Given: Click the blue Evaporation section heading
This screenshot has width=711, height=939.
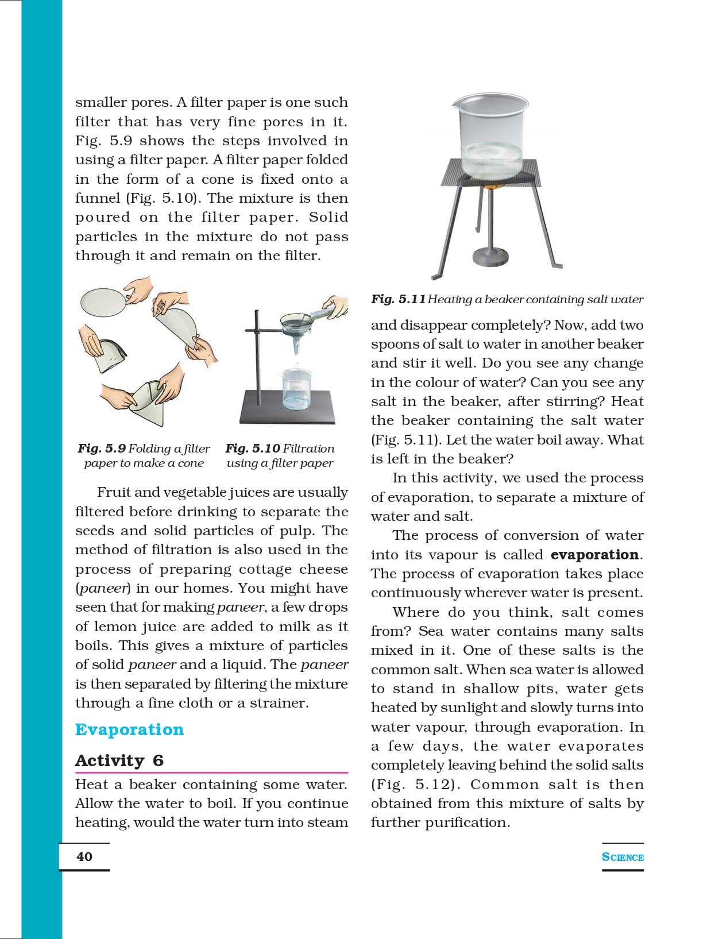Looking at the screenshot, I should point(129,729).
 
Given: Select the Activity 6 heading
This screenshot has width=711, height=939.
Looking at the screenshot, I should point(119,760).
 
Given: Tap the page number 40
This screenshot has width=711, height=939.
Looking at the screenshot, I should point(84,856).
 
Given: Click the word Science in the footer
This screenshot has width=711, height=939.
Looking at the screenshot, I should point(623,857).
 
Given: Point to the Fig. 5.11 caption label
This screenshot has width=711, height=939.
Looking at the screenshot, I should point(398,299).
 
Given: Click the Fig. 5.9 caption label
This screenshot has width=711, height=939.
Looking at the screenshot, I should point(102,448).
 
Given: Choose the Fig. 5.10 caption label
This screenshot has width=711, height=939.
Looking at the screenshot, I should point(252,448).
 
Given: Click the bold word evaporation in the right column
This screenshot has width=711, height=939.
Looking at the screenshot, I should point(594,555).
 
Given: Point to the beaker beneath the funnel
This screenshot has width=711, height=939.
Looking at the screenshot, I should point(297,389).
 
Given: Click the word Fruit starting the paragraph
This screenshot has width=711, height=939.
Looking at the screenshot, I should point(113,492).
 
